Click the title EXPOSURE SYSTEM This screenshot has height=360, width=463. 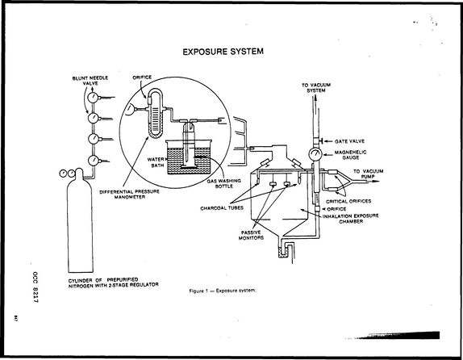point(223,52)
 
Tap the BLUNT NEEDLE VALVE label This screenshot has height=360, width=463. point(90,81)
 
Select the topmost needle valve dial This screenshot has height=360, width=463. point(93,97)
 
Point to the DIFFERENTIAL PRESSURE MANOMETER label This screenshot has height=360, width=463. point(129,195)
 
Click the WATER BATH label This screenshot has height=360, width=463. point(156,162)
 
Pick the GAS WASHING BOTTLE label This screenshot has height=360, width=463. point(223,183)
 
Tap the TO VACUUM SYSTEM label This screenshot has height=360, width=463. point(316,88)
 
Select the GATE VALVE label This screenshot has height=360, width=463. point(349,141)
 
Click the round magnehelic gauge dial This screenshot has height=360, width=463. point(315,154)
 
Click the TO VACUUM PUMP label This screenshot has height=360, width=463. point(368,174)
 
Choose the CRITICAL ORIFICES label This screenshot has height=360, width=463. point(348,201)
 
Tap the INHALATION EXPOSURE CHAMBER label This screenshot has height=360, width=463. point(351,219)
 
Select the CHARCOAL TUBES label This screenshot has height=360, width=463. point(222,208)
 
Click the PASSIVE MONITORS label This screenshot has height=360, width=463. point(251,235)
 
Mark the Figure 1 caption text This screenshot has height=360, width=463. point(223,291)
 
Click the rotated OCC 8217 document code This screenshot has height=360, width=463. point(35,287)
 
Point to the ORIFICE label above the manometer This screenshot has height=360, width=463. point(142,77)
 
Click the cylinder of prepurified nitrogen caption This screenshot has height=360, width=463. point(114,283)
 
